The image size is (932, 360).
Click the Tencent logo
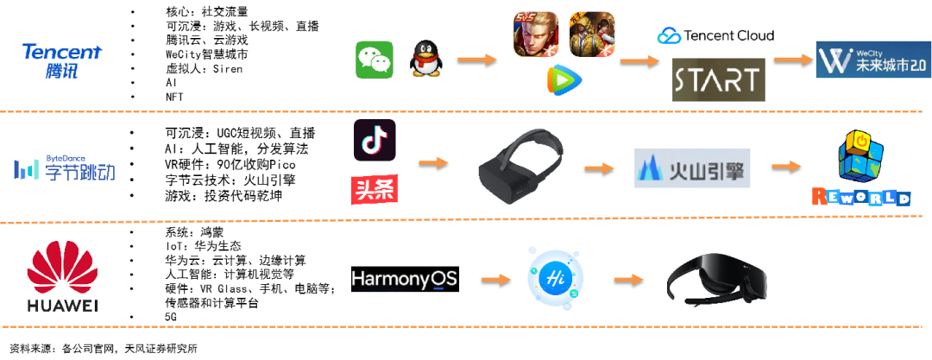tap(63, 60)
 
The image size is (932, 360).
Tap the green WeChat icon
tap(374, 60)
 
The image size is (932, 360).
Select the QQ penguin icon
tap(425, 59)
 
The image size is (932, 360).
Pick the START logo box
tap(718, 79)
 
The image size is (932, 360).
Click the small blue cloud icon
tap(669, 36)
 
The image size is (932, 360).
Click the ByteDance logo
tap(64, 167)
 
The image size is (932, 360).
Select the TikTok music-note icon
tap(375, 139)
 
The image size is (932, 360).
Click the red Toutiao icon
tap(375, 190)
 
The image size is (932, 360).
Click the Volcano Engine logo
tap(692, 168)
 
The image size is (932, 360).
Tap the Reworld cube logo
tap(861, 169)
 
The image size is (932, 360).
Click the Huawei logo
tap(61, 275)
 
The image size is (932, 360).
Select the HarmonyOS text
tap(404, 279)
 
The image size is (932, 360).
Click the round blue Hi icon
tap(556, 279)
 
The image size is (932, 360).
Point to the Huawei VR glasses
tap(717, 280)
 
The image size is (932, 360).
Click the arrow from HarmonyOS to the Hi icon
tap(494, 279)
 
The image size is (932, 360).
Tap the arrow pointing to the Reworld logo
tap(790, 166)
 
